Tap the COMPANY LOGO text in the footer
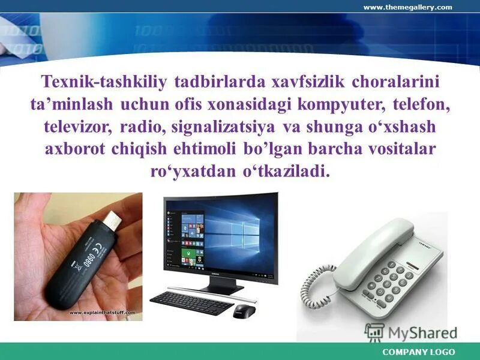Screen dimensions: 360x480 pos(418,352)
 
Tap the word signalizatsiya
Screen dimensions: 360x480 pos(223,127)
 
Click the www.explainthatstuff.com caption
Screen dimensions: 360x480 pos(102,313)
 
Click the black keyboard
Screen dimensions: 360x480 pos(191,302)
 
